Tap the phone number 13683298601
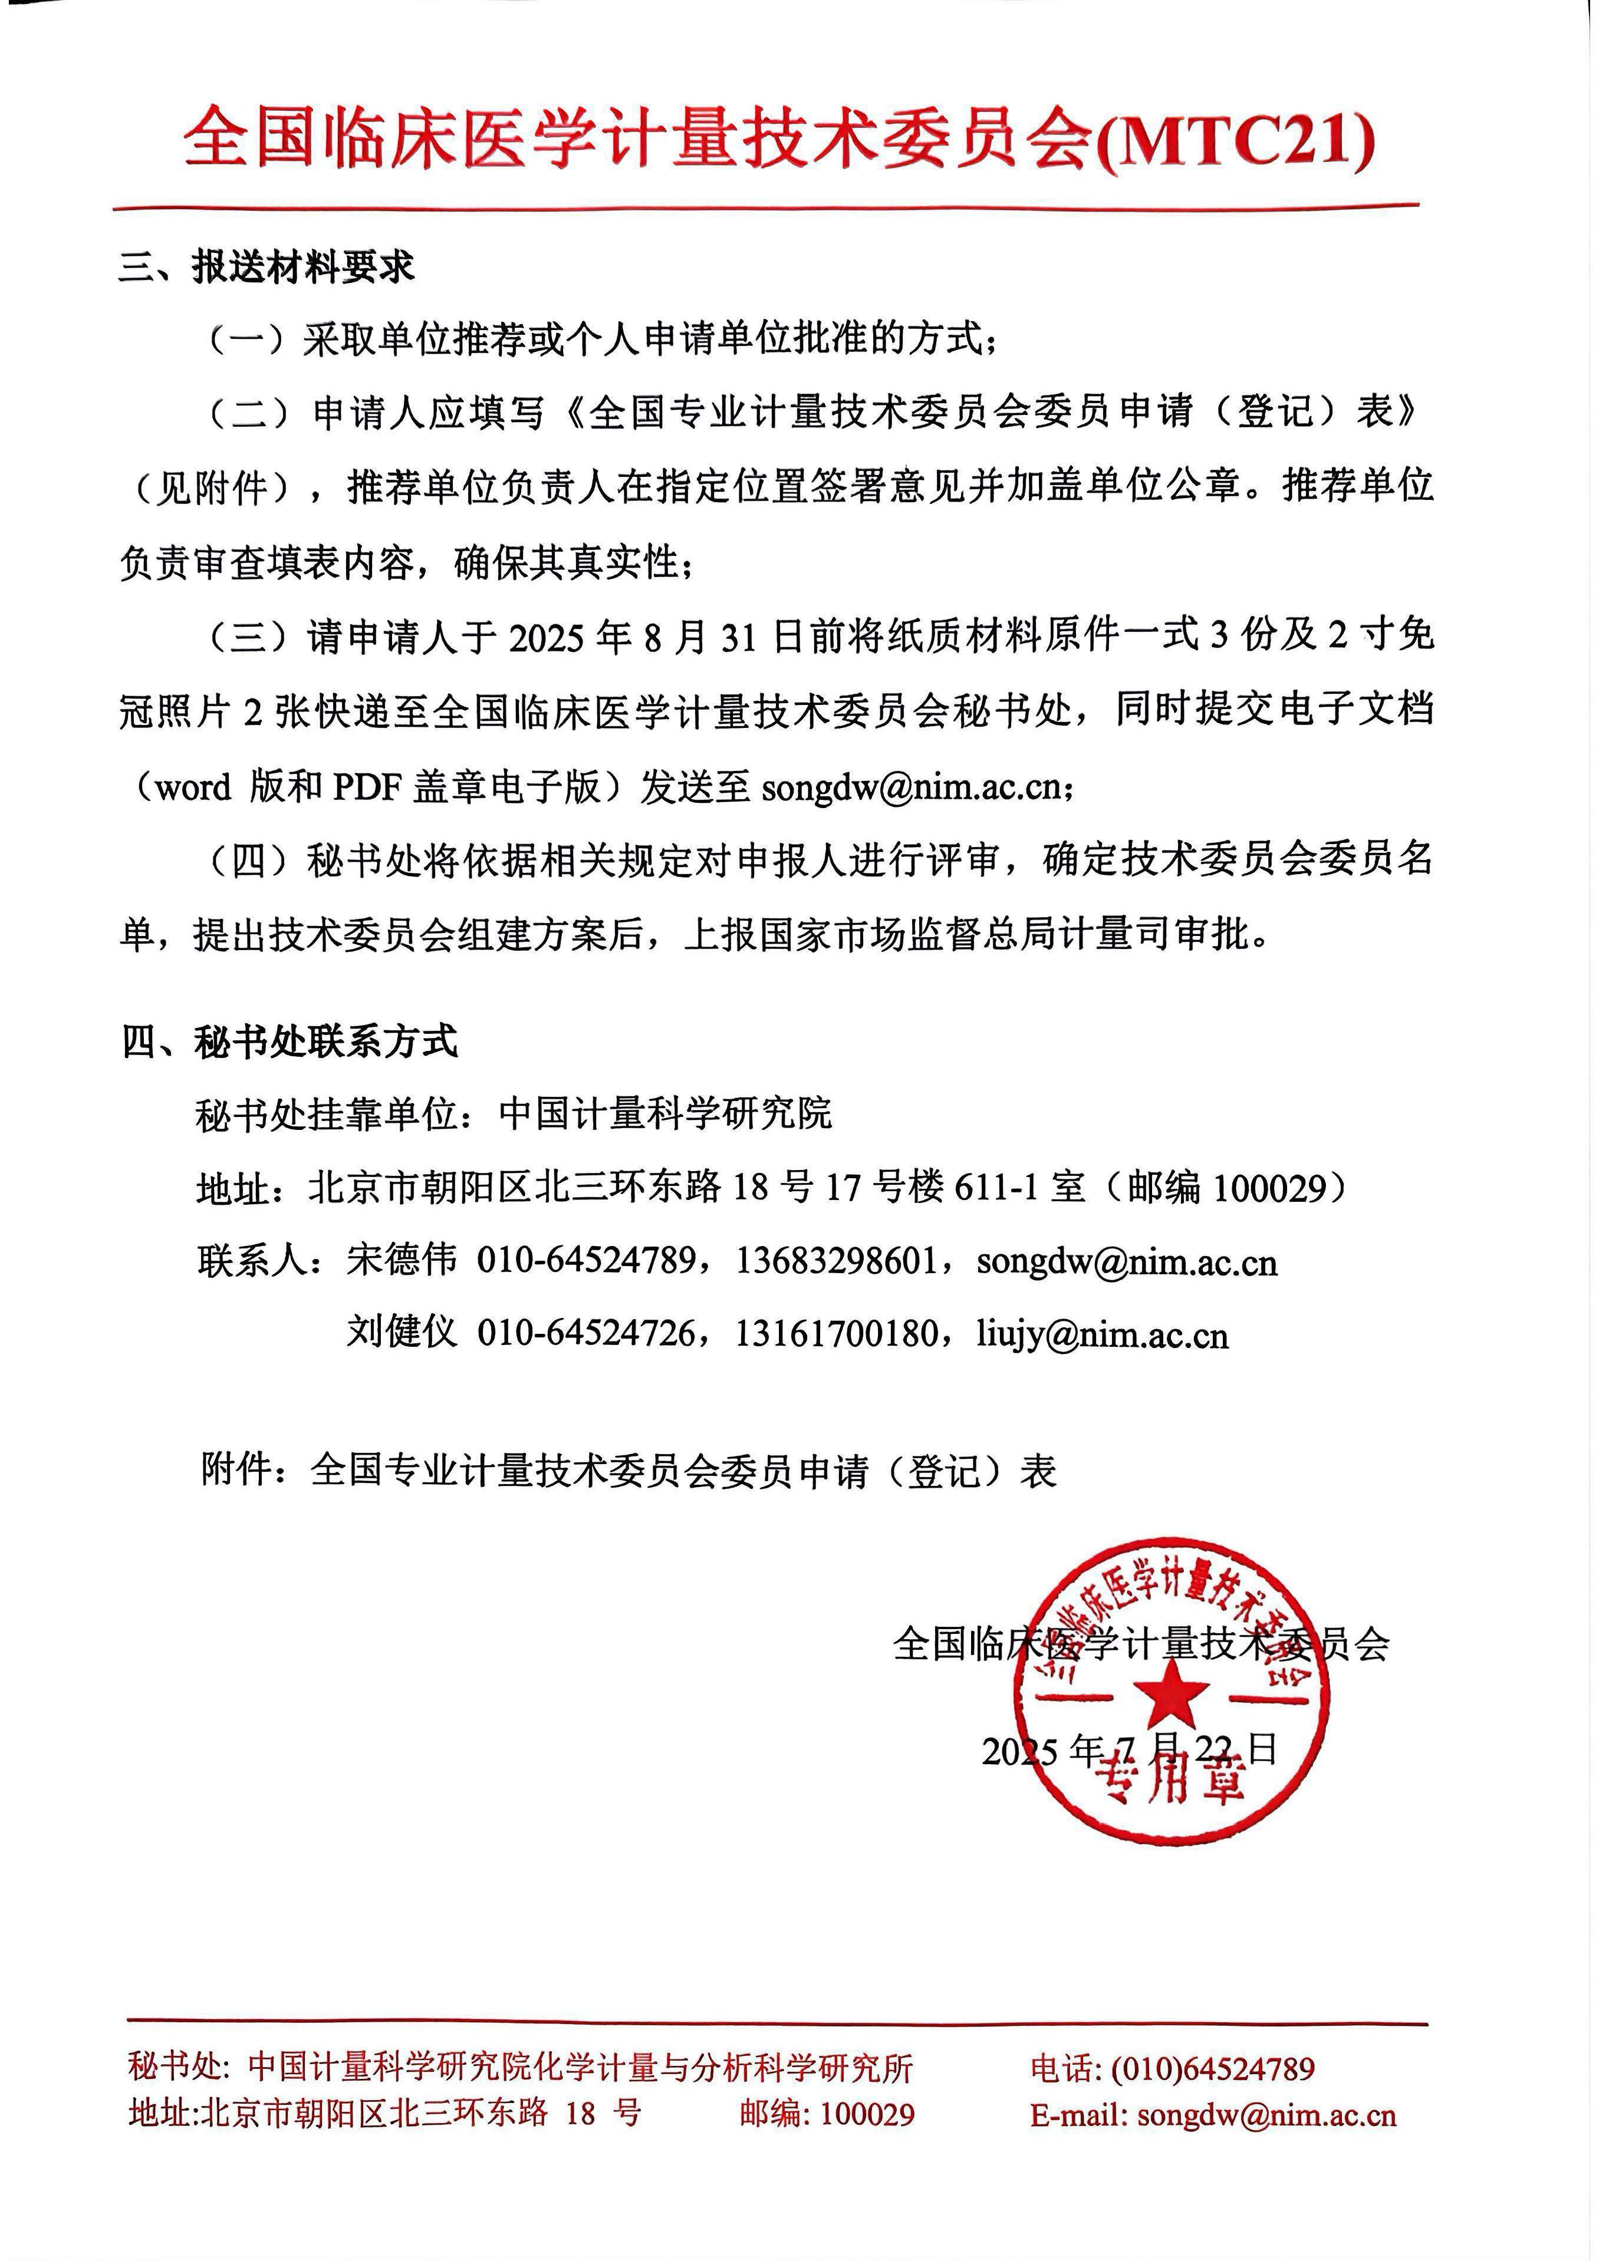835,1261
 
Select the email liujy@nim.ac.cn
1103,1334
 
